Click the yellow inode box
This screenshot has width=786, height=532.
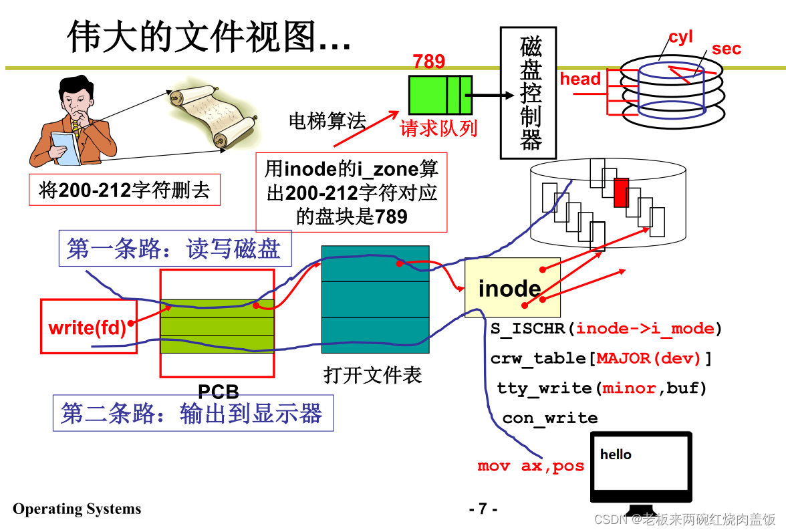(512, 288)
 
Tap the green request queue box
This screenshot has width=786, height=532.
(440, 94)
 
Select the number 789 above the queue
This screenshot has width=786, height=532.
(428, 62)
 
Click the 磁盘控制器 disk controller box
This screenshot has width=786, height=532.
(531, 93)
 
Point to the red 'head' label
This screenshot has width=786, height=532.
(580, 80)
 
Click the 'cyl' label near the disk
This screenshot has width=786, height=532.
(680, 37)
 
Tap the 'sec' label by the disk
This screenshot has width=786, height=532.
(726, 49)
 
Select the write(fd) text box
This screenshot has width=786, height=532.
(88, 327)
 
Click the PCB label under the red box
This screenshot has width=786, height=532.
(218, 391)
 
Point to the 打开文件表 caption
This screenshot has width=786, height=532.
(373, 375)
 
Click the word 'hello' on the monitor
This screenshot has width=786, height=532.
(616, 454)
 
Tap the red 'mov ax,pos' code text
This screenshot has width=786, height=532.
(531, 466)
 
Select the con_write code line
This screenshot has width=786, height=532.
(549, 418)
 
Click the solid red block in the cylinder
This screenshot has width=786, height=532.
(622, 192)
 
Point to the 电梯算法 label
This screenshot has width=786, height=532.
(327, 121)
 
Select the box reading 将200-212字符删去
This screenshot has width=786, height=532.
(124, 190)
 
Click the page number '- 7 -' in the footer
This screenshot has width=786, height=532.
(483, 509)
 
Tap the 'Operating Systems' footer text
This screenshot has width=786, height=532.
(77, 509)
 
